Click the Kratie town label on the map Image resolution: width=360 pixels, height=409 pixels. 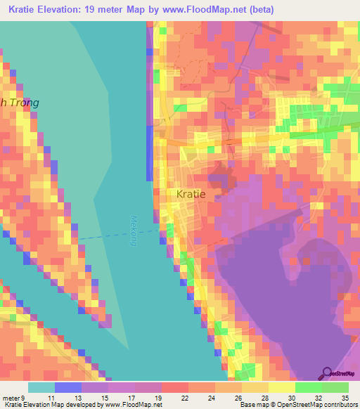[191, 194]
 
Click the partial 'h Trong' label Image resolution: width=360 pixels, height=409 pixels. [20, 103]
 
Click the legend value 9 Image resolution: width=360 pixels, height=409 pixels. [24, 398]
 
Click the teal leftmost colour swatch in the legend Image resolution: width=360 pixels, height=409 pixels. [41, 387]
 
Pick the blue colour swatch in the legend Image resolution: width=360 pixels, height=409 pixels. [68, 387]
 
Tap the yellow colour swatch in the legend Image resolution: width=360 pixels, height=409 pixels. [281, 387]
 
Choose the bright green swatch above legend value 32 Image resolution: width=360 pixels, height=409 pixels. [309, 387]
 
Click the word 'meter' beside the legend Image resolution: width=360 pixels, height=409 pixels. [11, 398]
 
